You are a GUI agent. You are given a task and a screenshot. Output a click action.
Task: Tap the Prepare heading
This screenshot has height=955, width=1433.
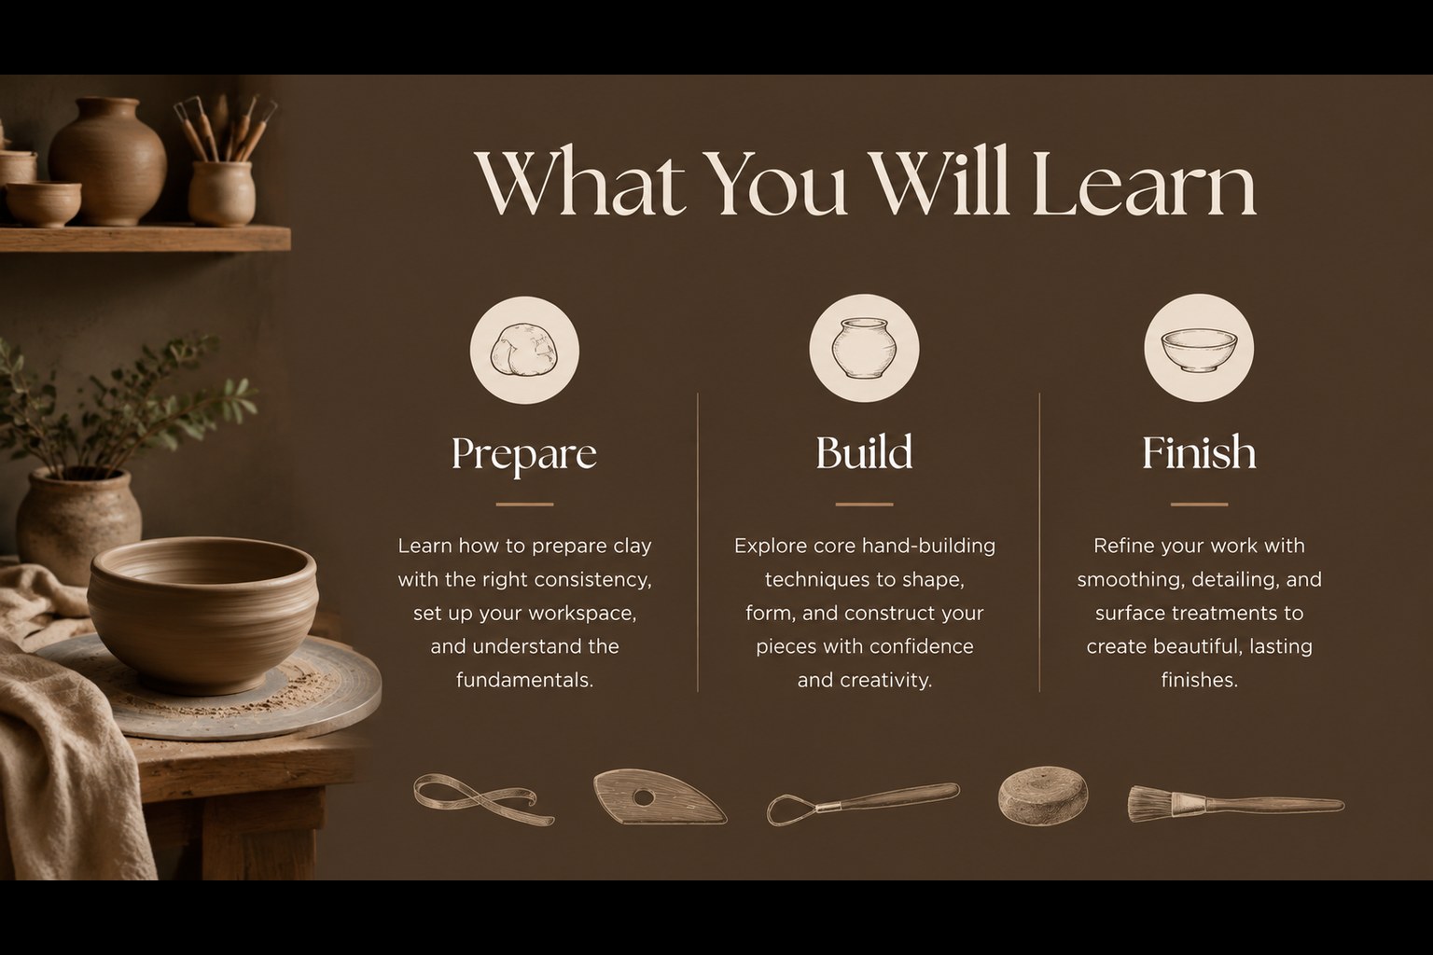(524, 455)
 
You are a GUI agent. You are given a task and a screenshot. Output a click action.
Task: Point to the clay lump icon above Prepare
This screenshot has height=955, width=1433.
(524, 349)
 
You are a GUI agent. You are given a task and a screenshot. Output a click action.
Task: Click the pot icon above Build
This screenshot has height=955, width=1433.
(864, 348)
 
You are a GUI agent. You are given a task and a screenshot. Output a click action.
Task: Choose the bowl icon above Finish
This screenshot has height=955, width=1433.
(1199, 349)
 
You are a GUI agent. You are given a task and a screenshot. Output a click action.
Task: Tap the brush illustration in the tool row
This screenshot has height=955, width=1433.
(1234, 803)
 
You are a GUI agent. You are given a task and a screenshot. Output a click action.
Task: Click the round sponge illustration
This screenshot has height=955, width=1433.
(1042, 796)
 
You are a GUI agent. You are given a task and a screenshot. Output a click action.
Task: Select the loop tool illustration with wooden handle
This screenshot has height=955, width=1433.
(863, 803)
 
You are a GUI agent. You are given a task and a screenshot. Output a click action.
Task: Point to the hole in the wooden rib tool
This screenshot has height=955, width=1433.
(644, 797)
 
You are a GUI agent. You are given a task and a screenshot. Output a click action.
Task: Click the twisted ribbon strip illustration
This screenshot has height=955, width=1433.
(483, 799)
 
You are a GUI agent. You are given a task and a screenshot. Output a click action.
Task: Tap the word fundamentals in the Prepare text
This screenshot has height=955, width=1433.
(524, 680)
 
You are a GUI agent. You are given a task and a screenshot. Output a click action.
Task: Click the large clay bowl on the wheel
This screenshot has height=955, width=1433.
(202, 614)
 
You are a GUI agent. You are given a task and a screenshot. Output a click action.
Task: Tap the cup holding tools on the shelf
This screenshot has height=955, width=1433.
(222, 194)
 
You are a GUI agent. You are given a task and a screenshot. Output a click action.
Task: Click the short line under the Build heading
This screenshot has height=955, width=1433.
(864, 505)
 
